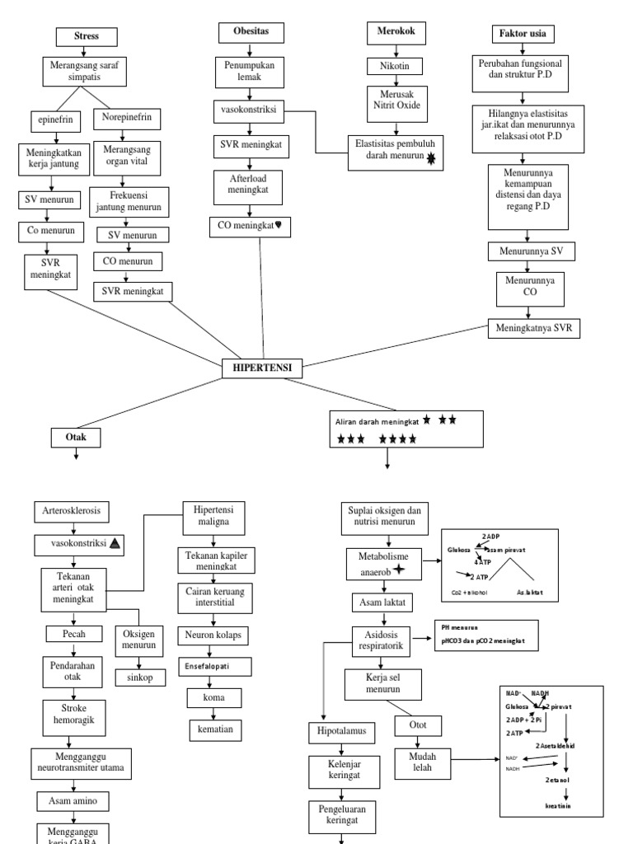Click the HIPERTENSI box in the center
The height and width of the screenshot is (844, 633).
[262, 368]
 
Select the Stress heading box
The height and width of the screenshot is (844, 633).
[87, 37]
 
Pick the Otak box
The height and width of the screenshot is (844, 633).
[76, 438]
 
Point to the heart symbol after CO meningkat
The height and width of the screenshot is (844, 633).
[286, 225]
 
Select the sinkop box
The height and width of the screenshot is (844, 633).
[139, 678]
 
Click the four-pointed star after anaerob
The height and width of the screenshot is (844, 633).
[399, 570]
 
